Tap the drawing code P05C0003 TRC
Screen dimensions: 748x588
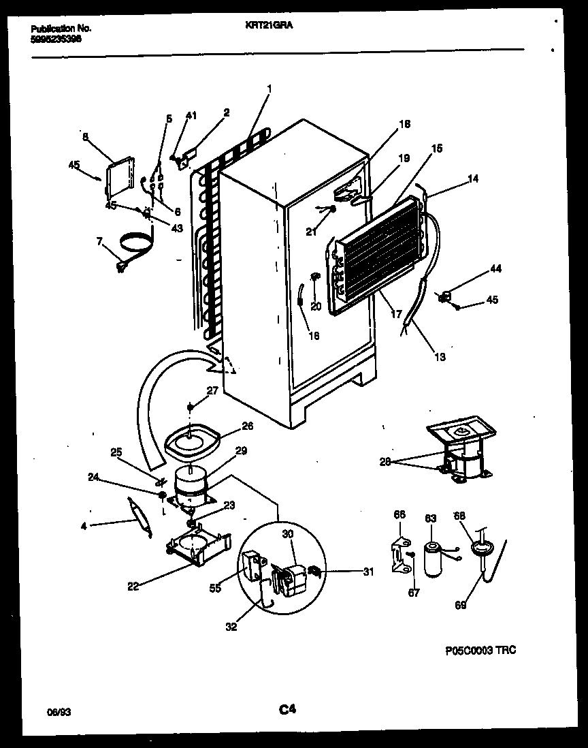coord(480,651)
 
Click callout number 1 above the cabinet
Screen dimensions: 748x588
coord(269,88)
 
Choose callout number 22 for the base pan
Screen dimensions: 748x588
coord(133,586)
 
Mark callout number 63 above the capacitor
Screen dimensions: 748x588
coord(430,519)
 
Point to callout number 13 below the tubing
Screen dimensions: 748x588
coord(440,357)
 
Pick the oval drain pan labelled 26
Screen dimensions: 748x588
coord(193,443)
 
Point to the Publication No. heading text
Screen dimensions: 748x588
coord(61,29)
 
